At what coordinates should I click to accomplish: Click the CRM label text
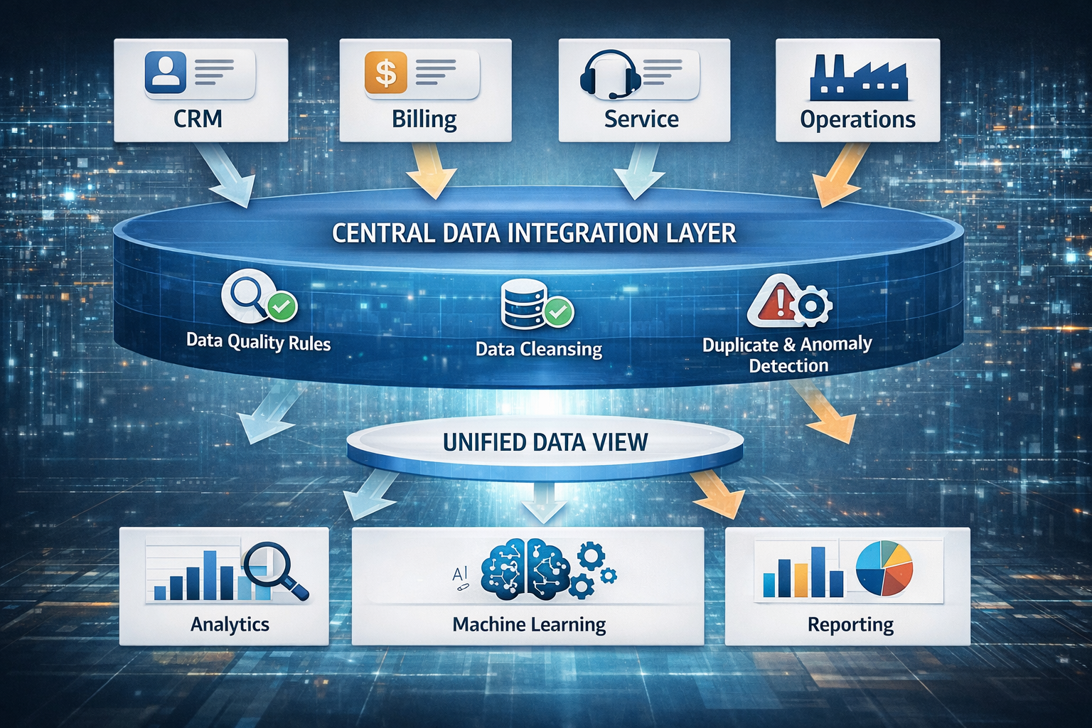[x=198, y=118]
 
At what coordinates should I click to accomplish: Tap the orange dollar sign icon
[x=385, y=73]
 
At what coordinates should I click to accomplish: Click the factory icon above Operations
[x=857, y=77]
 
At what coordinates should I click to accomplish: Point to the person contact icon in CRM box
[x=166, y=72]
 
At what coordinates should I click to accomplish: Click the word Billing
[x=424, y=119]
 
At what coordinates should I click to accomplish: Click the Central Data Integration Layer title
[x=534, y=233]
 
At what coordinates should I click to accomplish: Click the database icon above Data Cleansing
[x=523, y=304]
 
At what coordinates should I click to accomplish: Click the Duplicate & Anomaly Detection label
[x=788, y=354]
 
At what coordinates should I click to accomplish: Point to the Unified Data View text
[x=545, y=442]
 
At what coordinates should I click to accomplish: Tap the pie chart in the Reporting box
[x=884, y=567]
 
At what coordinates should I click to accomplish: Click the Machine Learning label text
[x=529, y=624]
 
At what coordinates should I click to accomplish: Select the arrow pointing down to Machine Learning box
[x=544, y=503]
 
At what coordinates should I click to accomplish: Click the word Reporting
[x=850, y=624]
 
